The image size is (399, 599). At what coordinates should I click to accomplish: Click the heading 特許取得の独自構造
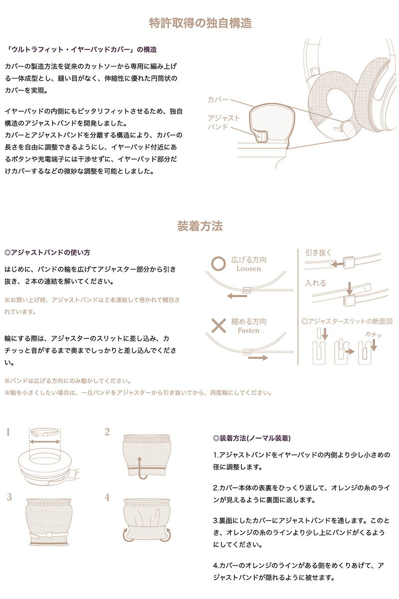pyautogui.click(x=200, y=23)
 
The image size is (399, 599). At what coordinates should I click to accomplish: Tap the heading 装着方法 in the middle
pyautogui.click(x=200, y=226)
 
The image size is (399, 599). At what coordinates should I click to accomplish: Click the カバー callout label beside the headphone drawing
pyautogui.click(x=218, y=100)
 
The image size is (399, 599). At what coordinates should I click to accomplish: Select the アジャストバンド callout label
pyautogui.click(x=223, y=122)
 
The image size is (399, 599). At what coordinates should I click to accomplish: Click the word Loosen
pyautogui.click(x=248, y=269)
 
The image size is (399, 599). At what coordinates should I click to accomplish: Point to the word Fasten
pyautogui.click(x=248, y=330)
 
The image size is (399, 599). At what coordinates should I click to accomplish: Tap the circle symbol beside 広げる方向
pyautogui.click(x=218, y=264)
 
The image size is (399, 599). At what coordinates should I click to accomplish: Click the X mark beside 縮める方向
pyautogui.click(x=218, y=325)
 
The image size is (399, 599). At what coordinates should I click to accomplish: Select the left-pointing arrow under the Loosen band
pyautogui.click(x=237, y=296)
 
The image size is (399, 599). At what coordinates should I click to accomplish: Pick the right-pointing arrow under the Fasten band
pyautogui.click(x=258, y=358)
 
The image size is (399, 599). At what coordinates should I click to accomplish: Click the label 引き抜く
pyautogui.click(x=318, y=253)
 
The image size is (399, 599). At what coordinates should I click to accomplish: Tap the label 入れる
pyautogui.click(x=316, y=283)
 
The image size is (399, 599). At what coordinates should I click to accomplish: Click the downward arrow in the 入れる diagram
pyautogui.click(x=349, y=289)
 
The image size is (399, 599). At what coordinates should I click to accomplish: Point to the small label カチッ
pyautogui.click(x=373, y=334)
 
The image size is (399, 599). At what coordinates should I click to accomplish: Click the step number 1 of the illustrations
pyautogui.click(x=8, y=432)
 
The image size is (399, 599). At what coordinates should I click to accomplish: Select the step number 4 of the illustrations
pyautogui.click(x=107, y=497)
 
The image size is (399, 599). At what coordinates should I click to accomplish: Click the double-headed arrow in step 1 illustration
pyautogui.click(x=44, y=442)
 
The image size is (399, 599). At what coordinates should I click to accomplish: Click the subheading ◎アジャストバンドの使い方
pyautogui.click(x=47, y=253)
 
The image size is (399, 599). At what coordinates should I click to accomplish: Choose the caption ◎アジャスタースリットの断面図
pyautogui.click(x=347, y=321)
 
